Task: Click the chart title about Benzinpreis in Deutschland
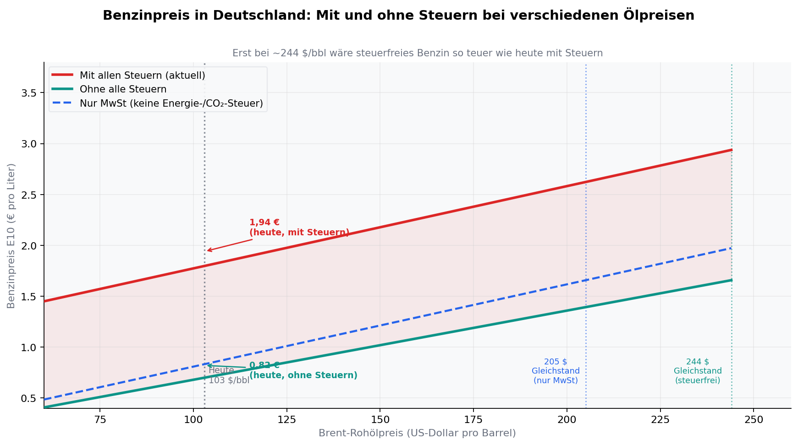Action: click(x=398, y=16)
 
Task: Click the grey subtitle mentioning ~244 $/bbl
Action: click(x=417, y=53)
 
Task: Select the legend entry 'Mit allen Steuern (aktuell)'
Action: click(x=142, y=75)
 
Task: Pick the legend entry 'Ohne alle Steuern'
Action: click(x=123, y=89)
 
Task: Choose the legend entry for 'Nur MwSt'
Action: click(x=171, y=103)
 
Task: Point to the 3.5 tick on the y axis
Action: click(x=29, y=93)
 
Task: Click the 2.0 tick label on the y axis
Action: click(x=29, y=245)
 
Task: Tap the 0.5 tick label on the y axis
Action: click(x=29, y=398)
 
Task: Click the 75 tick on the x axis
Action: click(x=99, y=420)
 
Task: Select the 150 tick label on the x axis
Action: click(x=380, y=420)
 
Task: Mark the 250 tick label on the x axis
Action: click(x=754, y=420)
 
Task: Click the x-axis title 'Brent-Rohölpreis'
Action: click(x=417, y=433)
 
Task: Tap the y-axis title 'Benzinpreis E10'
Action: click(x=11, y=236)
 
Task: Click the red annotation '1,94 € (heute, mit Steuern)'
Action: click(x=299, y=228)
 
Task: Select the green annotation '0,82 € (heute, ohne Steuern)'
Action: click(x=303, y=370)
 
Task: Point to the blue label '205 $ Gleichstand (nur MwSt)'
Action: click(x=556, y=371)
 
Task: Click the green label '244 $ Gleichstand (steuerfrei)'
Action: click(x=698, y=371)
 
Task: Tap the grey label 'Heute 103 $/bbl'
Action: click(x=229, y=375)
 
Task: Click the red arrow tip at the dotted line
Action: click(x=207, y=251)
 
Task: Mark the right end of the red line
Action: click(x=732, y=150)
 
